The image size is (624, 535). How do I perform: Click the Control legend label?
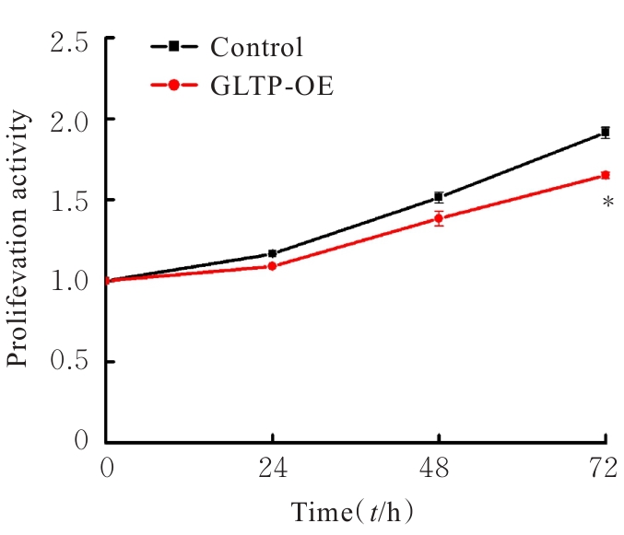[256, 47]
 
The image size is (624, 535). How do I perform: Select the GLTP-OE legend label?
[272, 86]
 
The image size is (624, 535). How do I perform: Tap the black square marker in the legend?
[173, 46]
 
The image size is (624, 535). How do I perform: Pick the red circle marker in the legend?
[173, 85]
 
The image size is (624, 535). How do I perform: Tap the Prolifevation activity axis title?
[20, 239]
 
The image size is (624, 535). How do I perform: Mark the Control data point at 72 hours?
[605, 133]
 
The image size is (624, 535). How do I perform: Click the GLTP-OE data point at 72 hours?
[605, 175]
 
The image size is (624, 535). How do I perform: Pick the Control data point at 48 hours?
[439, 197]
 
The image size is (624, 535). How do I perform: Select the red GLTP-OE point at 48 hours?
[439, 218]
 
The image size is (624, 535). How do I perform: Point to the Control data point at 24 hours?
[273, 253]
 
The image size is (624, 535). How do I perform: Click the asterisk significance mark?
[607, 202]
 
